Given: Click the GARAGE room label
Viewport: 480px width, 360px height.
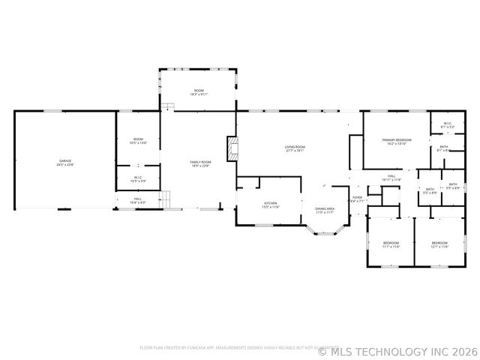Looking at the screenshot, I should pyautogui.click(x=66, y=162).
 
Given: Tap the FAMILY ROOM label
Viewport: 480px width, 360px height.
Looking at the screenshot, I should pyautogui.click(x=199, y=163).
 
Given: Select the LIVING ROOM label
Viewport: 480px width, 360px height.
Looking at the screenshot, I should pyautogui.click(x=294, y=148).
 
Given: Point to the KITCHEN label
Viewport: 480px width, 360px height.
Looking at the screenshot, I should pyautogui.click(x=271, y=204).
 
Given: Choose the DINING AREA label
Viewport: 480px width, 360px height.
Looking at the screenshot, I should pyautogui.click(x=325, y=210).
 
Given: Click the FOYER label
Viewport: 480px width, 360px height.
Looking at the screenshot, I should pyautogui.click(x=357, y=199).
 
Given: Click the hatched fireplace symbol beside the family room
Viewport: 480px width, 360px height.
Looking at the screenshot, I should pyautogui.click(x=232, y=148).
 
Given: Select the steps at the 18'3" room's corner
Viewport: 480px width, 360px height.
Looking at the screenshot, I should pyautogui.click(x=170, y=107).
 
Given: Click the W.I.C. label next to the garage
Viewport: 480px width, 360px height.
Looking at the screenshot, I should pyautogui.click(x=138, y=178).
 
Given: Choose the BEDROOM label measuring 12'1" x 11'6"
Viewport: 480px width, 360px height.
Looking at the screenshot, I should pyautogui.click(x=439, y=244).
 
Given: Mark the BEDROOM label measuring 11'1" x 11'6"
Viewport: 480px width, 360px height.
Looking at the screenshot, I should pyautogui.click(x=391, y=244).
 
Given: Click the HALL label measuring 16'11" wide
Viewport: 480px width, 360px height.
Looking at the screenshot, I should pyautogui.click(x=391, y=178).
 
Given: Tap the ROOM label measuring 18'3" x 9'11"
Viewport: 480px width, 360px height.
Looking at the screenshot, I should pyautogui.click(x=198, y=92).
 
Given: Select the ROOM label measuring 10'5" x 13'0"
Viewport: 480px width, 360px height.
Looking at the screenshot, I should pyautogui.click(x=138, y=140).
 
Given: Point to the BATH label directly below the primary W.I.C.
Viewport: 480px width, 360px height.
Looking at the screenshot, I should pyautogui.click(x=444, y=148).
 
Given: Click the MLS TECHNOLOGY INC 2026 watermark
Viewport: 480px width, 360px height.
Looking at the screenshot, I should pyautogui.click(x=397, y=350).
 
